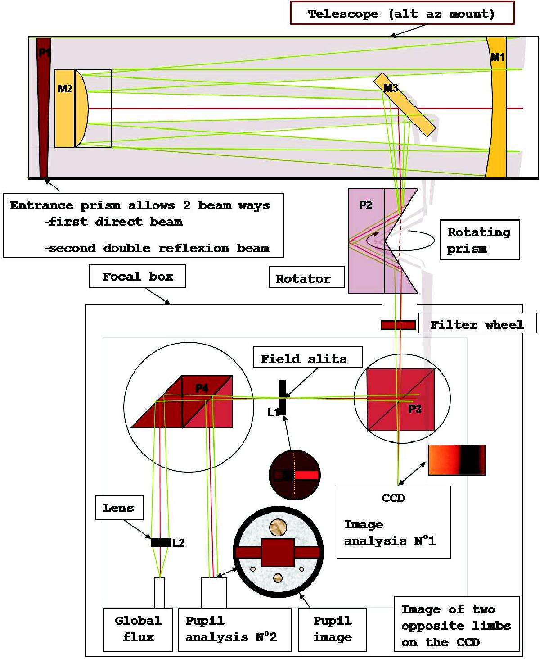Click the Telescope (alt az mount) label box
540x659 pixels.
point(402,14)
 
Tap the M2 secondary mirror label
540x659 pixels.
point(65,89)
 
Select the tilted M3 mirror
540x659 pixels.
point(404,104)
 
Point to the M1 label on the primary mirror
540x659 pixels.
point(497,57)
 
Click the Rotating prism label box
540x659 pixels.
point(479,240)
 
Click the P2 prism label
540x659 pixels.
point(365,205)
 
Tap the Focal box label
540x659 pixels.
point(137,276)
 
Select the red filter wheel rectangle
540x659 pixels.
point(398,325)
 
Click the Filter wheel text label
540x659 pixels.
point(477,324)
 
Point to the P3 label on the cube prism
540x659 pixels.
point(414,409)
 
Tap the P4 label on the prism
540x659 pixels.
point(202,388)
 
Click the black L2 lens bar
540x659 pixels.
point(160,542)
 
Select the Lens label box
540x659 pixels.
point(119,508)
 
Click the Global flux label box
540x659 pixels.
point(138,629)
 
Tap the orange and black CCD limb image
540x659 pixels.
point(457,460)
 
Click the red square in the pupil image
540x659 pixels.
point(278,552)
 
